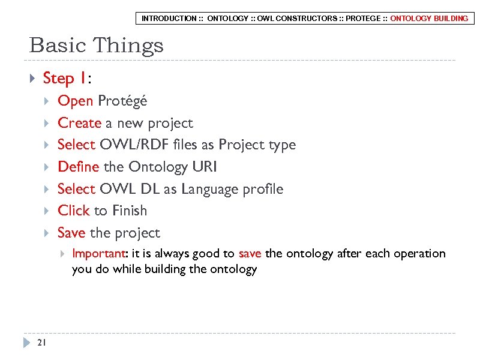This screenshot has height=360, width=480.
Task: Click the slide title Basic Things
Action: coord(96,46)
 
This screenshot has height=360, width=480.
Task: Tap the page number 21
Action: coord(41,343)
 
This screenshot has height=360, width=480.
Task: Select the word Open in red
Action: coord(75,101)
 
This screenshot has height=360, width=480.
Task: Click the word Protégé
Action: coord(122,101)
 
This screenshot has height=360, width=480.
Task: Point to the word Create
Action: coord(79,123)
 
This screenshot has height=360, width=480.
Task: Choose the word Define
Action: coord(78,167)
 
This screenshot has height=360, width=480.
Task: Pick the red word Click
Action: coord(73,211)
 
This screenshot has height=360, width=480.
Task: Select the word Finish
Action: coord(129,211)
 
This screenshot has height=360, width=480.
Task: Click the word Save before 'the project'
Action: coord(72,233)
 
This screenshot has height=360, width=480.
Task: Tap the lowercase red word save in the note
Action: coord(250,253)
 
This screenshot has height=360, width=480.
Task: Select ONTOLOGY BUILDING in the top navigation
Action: coord(429,19)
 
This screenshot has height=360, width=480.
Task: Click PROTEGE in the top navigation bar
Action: coord(363,19)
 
